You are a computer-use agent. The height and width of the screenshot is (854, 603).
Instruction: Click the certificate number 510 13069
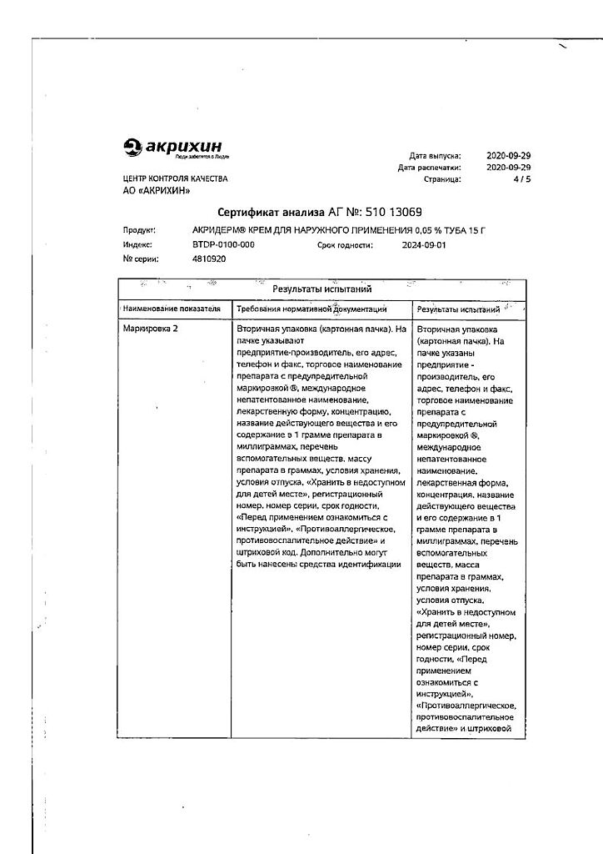coord(402,212)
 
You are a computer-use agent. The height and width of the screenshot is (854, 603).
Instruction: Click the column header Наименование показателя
coord(172,309)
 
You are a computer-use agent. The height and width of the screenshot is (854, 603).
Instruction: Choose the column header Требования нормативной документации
coord(306,309)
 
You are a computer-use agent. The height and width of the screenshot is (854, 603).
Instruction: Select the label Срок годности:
coord(345,245)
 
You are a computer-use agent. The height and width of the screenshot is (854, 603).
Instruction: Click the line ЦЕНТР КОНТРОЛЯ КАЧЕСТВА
coord(175,179)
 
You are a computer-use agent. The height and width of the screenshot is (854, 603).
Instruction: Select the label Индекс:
coord(137,245)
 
